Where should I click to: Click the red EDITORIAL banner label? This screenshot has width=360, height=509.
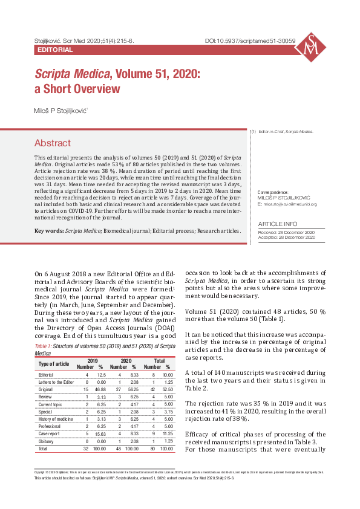[55, 50]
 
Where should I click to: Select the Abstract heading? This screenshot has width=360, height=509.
[53, 143]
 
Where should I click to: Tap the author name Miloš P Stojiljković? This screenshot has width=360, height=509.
[61, 111]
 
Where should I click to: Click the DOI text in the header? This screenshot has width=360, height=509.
[250, 41]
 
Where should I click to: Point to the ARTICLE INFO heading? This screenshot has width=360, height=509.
[278, 224]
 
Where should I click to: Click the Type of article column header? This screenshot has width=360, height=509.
[54, 363]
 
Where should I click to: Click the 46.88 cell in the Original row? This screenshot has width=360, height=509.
[101, 391]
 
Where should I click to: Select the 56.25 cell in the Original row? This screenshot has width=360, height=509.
[134, 391]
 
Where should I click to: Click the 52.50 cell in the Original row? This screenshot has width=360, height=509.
[168, 391]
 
